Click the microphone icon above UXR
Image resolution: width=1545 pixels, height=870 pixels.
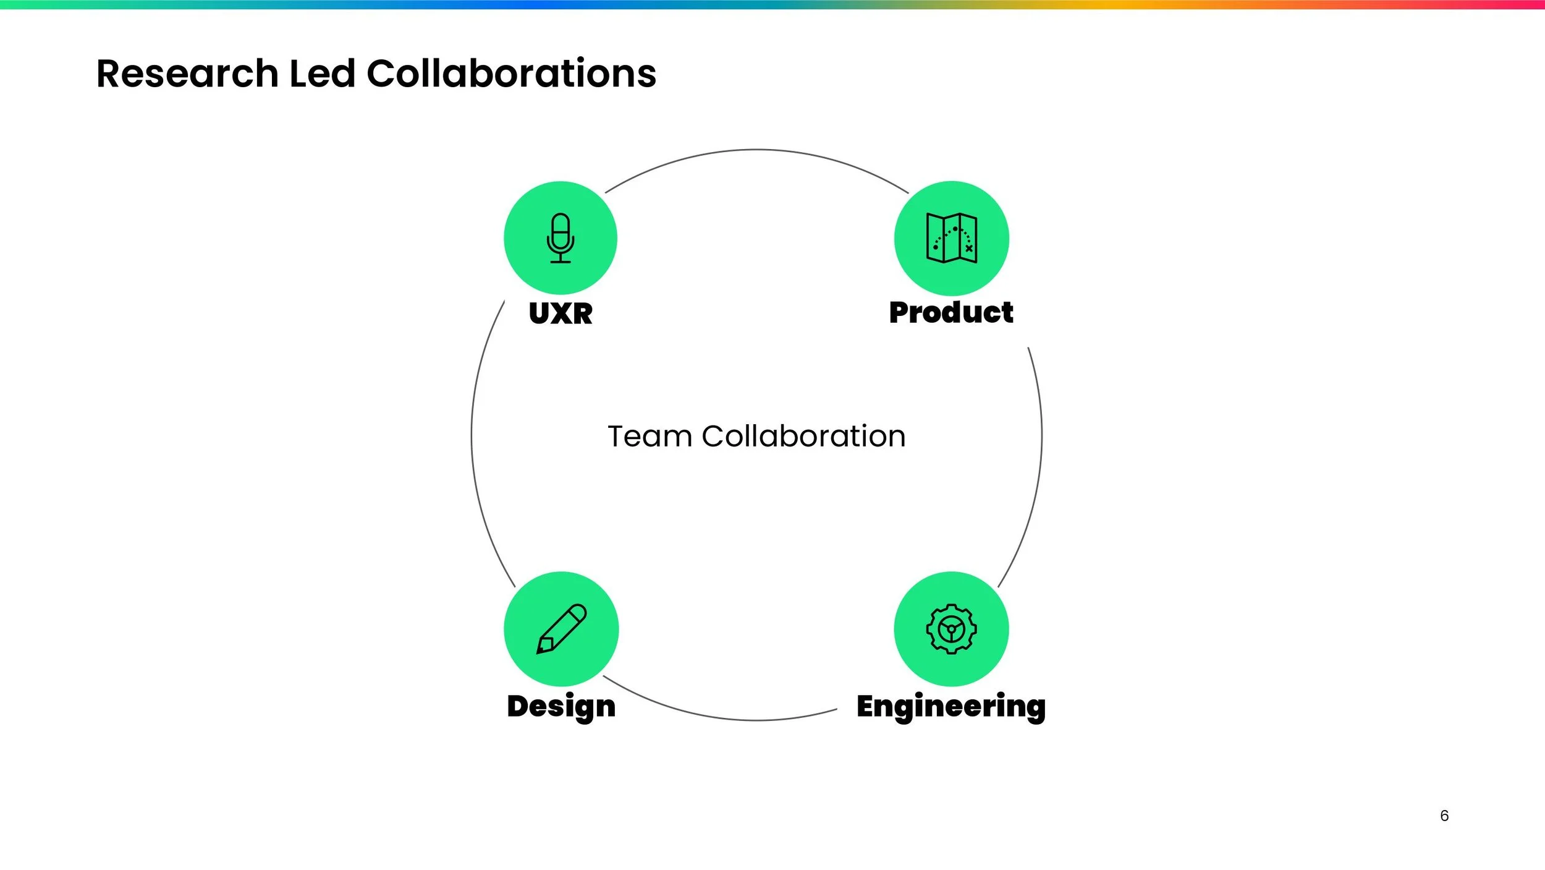point(561,238)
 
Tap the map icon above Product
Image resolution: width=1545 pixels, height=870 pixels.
point(951,238)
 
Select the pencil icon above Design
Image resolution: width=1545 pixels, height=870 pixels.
point(561,628)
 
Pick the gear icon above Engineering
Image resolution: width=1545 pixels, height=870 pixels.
point(951,629)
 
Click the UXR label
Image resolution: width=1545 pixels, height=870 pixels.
point(561,313)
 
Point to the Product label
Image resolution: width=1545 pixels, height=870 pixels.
point(951,312)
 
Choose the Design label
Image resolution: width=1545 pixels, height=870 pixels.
point(561,706)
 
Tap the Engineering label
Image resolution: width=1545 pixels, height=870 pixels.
point(951,706)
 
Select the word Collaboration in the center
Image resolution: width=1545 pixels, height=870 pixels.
point(803,437)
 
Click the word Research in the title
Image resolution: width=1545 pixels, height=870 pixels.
point(187,74)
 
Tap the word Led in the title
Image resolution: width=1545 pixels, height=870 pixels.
point(322,74)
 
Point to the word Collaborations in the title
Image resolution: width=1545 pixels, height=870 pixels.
point(511,74)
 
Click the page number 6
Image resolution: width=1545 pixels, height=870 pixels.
point(1444,816)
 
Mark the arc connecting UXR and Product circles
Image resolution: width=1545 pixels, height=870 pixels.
point(756,150)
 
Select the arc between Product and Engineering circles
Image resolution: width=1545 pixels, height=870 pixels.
point(1041,436)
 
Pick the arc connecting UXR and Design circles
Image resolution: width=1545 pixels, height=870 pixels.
point(472,436)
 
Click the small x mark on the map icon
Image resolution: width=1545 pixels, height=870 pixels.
point(968,249)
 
